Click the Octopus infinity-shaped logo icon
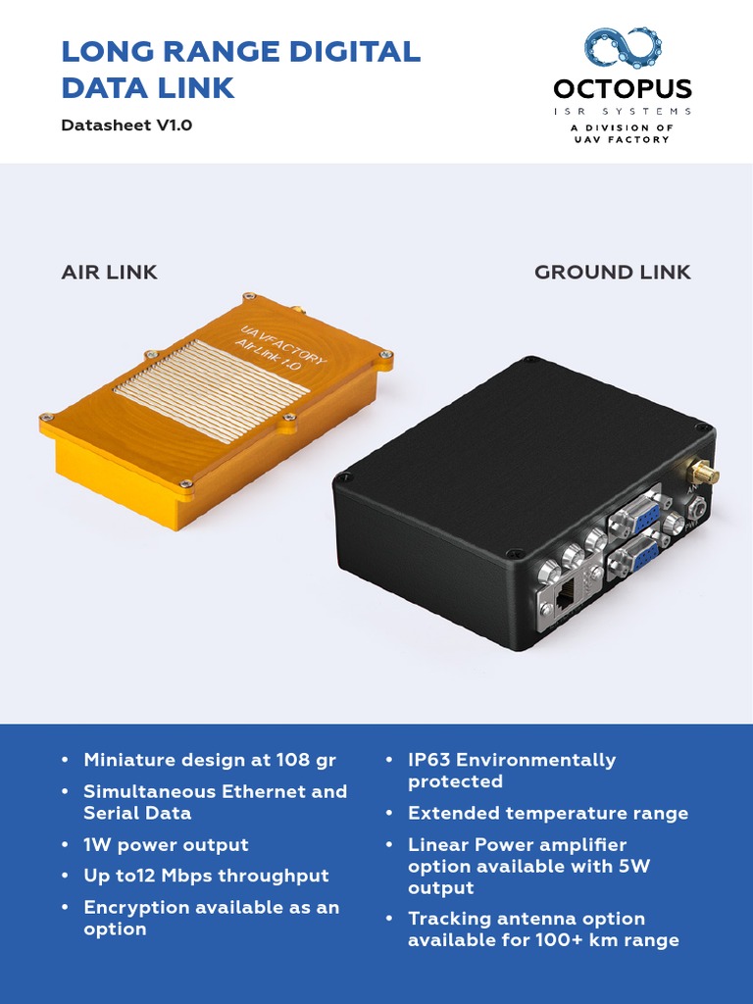point(623,48)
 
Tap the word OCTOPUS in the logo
point(623,89)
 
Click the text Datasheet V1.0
point(126,125)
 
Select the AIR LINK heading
point(110,273)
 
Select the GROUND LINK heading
point(612,273)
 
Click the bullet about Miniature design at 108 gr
point(210,760)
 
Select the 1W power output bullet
point(166,844)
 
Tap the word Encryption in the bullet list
point(137,907)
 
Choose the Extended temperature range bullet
point(548,813)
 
